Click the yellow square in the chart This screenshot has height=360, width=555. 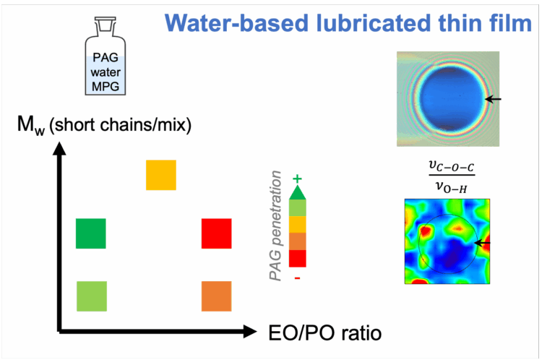coord(161,175)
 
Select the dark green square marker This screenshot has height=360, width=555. coord(90,233)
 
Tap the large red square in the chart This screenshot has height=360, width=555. coord(217,233)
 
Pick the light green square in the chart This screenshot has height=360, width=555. coord(92,296)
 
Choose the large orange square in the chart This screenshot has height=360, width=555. coord(217,296)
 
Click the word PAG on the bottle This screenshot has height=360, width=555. coord(106,57)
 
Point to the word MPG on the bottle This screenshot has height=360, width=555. coord(106,86)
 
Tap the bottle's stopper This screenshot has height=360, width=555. coord(105,24)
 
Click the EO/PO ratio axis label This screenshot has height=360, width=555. coord(325,333)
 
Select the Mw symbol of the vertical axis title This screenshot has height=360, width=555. coord(31,126)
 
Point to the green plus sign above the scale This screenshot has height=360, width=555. coord(297,179)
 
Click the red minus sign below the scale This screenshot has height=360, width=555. coord(297,278)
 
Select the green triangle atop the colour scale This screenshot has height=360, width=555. coord(297,192)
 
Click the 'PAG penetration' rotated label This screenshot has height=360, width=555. coord(275,226)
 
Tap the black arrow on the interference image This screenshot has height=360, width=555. coord(493,99)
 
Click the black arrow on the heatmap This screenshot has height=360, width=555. coord(482,243)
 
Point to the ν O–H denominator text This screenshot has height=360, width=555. coord(451,187)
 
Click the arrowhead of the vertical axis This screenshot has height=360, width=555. coord(59,148)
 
